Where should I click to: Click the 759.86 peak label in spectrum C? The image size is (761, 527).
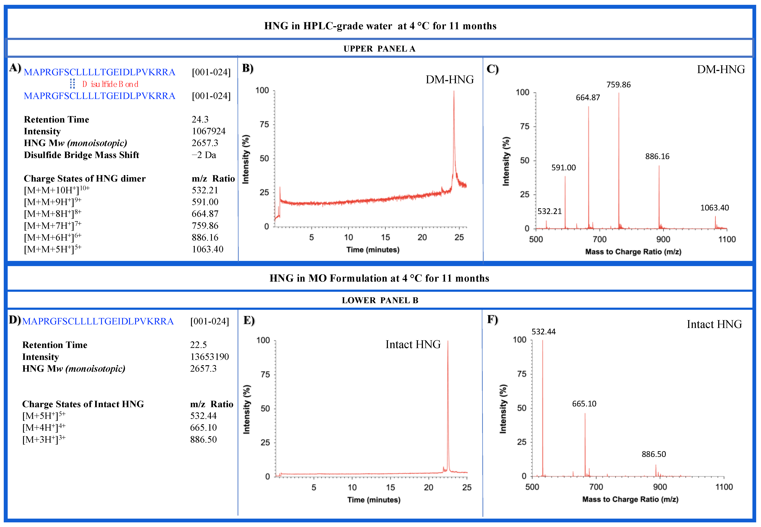pos(618,85)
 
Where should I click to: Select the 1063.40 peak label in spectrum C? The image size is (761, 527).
pos(714,208)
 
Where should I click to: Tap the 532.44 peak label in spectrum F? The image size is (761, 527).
pos(543,332)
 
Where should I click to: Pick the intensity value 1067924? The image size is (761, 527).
pos(209,131)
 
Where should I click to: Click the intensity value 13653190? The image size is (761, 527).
pos(209,357)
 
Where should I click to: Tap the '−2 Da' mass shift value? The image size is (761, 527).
pos(204,155)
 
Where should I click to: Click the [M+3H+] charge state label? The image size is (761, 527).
pos(44,439)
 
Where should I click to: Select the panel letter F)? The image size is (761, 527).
pos(492,320)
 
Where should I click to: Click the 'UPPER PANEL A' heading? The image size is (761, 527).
pos(379,49)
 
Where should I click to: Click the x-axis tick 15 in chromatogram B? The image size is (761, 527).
pos(385,237)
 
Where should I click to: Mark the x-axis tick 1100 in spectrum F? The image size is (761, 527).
pos(724,487)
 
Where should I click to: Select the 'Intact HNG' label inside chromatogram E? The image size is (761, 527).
pos(413,344)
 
